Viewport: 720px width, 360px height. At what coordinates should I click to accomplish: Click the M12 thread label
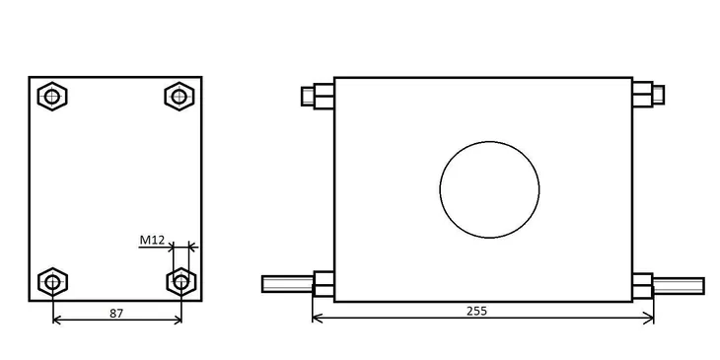(152, 240)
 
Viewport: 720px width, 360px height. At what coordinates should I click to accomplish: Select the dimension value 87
(116, 314)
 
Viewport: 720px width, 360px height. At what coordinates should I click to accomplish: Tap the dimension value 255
(476, 311)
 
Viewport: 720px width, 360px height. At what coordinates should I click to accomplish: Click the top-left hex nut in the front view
(52, 97)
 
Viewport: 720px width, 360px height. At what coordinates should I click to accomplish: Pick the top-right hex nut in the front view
(180, 97)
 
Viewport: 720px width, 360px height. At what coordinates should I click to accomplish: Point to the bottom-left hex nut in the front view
(53, 282)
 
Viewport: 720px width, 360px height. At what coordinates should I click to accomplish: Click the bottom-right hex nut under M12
(181, 282)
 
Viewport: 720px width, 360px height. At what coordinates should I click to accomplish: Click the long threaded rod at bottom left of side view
(287, 284)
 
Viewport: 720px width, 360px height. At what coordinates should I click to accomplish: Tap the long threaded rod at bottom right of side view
(679, 286)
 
